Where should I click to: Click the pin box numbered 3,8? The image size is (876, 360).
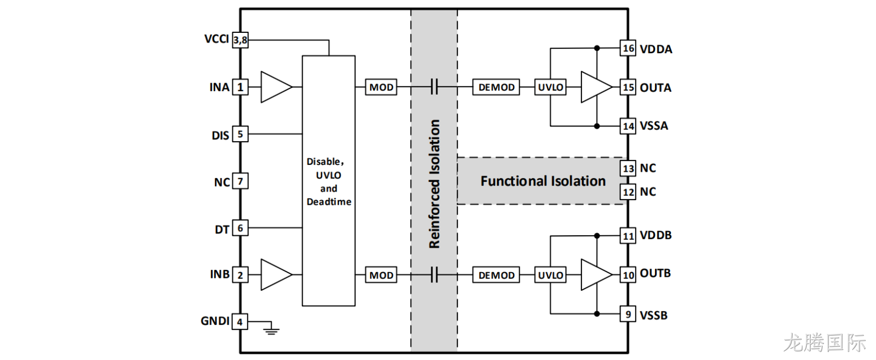240,40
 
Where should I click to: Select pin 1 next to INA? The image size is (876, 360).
240,87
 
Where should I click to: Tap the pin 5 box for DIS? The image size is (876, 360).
240,134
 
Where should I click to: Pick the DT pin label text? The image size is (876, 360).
222,229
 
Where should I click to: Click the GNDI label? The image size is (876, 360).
215,321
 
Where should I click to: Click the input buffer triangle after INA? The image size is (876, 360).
276,87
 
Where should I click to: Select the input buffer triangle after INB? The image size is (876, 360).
276,275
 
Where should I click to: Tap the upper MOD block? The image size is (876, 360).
381,87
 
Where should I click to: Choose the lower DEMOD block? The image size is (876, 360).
496,275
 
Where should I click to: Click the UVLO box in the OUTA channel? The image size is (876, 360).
550,87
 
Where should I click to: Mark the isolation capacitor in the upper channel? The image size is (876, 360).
433,87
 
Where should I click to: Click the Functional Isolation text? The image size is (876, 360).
543,181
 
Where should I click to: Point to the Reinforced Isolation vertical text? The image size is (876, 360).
435,184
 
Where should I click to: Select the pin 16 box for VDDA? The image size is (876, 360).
628,48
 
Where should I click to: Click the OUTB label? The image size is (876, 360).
655,273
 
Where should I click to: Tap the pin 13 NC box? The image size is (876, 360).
628,168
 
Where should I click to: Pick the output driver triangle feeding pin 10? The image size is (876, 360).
597,275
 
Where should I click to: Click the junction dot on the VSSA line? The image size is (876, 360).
597,126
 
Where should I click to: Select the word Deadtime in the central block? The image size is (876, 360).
329,202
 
